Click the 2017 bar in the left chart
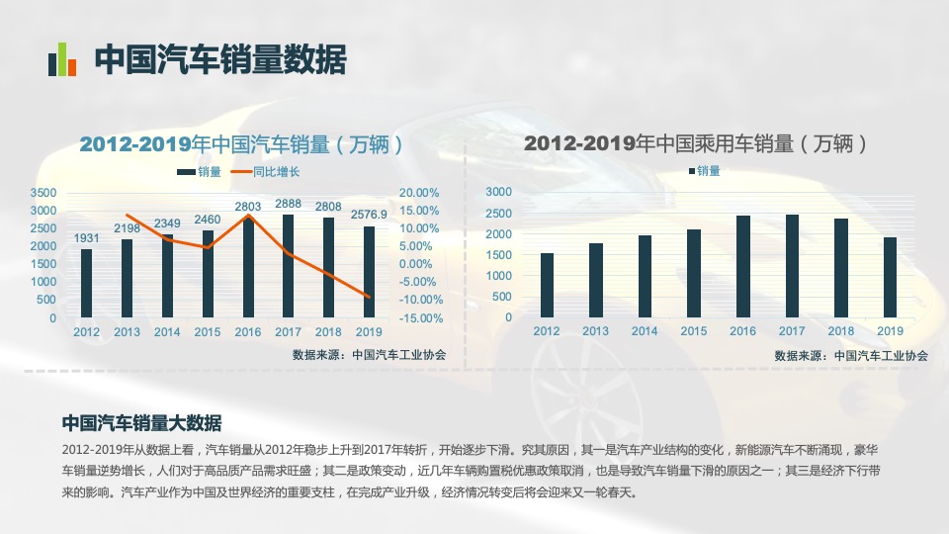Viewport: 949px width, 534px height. pyautogui.click(x=288, y=267)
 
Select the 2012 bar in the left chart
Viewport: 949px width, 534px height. pyautogui.click(x=87, y=284)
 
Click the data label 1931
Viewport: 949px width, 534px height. pyautogui.click(x=87, y=237)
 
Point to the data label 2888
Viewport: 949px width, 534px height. pyautogui.click(x=288, y=203)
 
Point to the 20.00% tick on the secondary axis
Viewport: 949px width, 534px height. pyautogui.click(x=419, y=192)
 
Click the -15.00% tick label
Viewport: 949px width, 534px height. pyautogui.click(x=418, y=318)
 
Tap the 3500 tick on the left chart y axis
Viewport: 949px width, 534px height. pyautogui.click(x=43, y=192)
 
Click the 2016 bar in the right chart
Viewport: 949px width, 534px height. pyautogui.click(x=743, y=266)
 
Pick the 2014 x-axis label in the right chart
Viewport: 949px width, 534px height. pyautogui.click(x=645, y=331)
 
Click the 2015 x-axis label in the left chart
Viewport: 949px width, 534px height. pyautogui.click(x=208, y=332)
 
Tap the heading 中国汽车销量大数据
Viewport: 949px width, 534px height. pyautogui.click(x=141, y=423)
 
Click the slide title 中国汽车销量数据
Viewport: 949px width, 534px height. pyautogui.click(x=220, y=60)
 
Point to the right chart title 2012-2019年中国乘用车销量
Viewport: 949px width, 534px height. pyautogui.click(x=696, y=143)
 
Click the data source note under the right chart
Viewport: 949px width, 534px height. pyautogui.click(x=851, y=355)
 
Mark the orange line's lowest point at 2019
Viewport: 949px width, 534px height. pyautogui.click(x=369, y=297)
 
